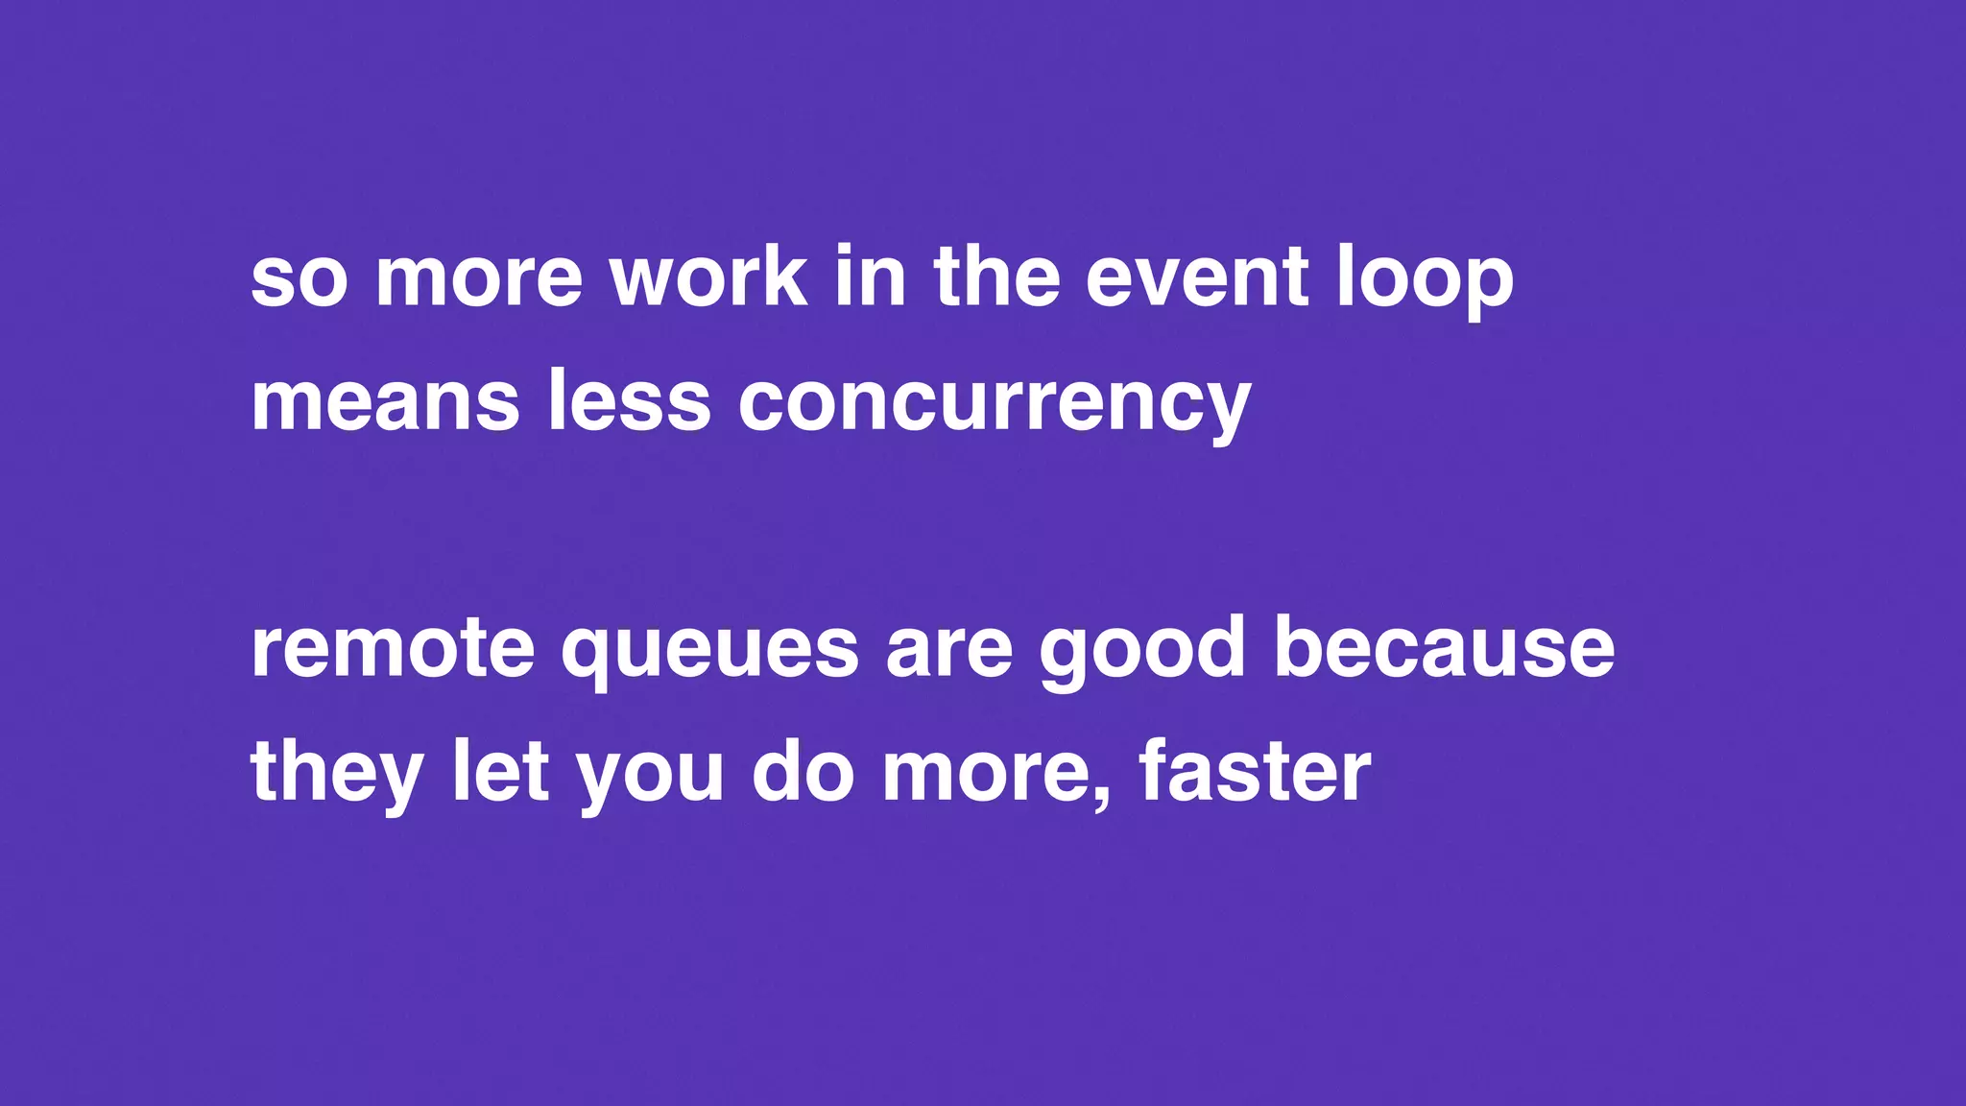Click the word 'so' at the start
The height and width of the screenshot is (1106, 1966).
pyautogui.click(x=299, y=280)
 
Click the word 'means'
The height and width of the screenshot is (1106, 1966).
pyautogui.click(x=385, y=403)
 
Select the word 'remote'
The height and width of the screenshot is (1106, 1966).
pyautogui.click(x=392, y=650)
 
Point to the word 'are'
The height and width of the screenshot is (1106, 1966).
pyautogui.click(x=948, y=650)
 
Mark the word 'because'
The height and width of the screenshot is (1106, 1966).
pyautogui.click(x=1444, y=650)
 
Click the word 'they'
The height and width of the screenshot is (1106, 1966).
pyautogui.click(x=337, y=774)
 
